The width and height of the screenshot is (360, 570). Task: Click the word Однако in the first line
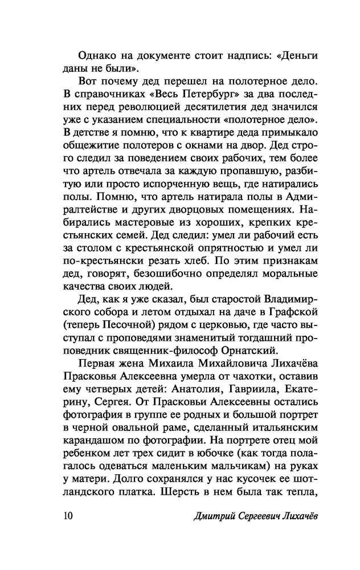pos(97,56)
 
